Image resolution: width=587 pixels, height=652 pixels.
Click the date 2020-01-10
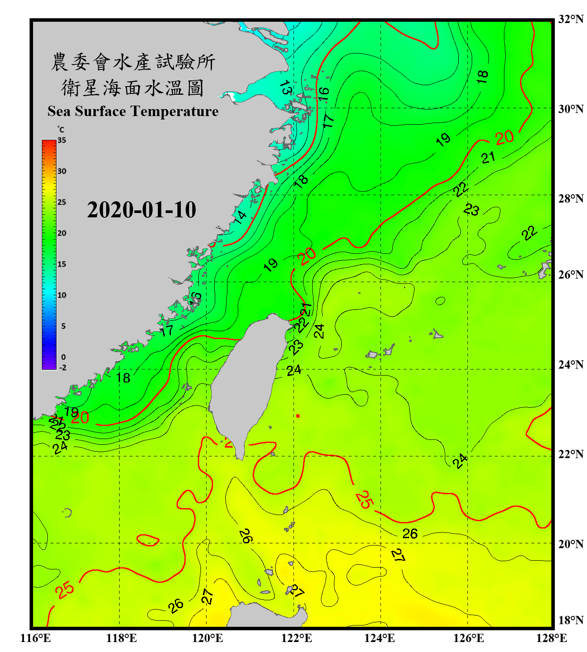(x=141, y=210)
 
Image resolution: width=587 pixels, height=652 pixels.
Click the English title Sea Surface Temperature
(x=133, y=111)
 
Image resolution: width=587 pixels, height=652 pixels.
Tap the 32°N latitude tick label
(x=570, y=19)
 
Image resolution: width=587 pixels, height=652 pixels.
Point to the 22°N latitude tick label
(x=570, y=454)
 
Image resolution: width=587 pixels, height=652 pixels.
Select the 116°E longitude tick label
(x=35, y=638)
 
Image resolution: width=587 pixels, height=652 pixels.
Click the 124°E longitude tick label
(x=380, y=638)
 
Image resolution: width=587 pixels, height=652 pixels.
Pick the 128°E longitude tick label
(x=551, y=638)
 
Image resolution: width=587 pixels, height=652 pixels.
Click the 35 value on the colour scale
(x=62, y=140)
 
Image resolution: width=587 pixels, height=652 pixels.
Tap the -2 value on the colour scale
(x=63, y=368)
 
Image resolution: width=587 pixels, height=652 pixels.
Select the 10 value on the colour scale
(x=62, y=295)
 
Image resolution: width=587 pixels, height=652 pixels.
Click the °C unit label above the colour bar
(x=61, y=130)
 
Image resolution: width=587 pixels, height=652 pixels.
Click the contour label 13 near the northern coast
(x=286, y=87)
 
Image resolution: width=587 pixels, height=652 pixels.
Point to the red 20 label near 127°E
(x=504, y=138)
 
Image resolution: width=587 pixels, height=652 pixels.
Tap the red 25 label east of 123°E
(x=364, y=499)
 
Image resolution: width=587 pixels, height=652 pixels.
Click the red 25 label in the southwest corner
(x=65, y=590)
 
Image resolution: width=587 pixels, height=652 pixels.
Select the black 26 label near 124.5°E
(x=410, y=533)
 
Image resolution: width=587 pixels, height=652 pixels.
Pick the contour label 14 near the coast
(x=240, y=216)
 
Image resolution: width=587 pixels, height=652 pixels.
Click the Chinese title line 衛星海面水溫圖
(x=133, y=88)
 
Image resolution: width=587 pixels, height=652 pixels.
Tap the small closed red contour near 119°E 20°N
(x=148, y=540)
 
